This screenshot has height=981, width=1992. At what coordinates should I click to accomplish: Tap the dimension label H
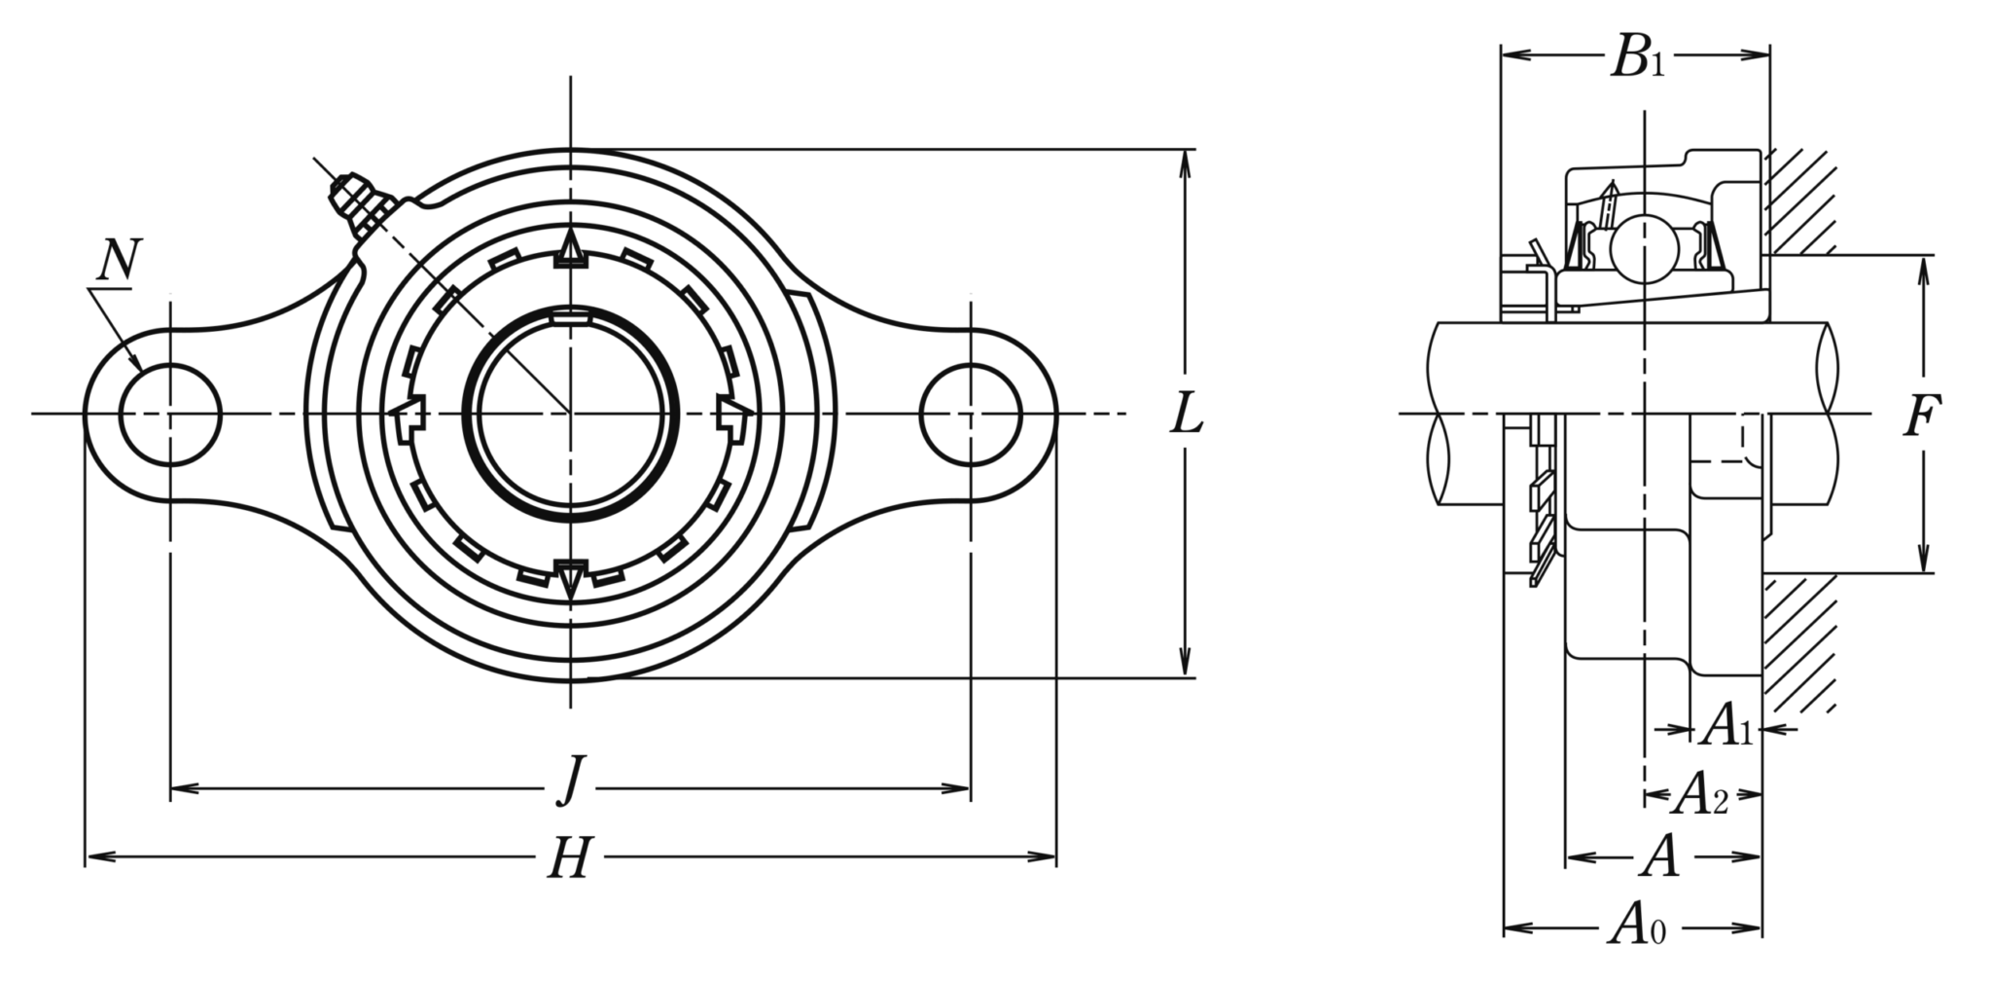[571, 858]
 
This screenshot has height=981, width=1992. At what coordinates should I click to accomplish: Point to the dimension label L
[1187, 414]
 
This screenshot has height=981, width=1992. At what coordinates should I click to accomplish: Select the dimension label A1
[1726, 726]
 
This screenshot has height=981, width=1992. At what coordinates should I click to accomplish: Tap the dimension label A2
[1700, 794]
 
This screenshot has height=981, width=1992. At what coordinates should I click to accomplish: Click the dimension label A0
[1636, 924]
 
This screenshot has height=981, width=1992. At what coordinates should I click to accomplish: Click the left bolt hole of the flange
[170, 415]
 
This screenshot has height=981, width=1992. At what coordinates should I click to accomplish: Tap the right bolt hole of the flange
[971, 415]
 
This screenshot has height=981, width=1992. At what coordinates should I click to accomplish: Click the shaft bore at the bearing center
[571, 414]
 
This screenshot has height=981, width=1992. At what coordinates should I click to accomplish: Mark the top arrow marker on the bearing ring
[571, 250]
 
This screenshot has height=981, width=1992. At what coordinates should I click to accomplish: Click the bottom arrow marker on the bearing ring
[571, 579]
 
